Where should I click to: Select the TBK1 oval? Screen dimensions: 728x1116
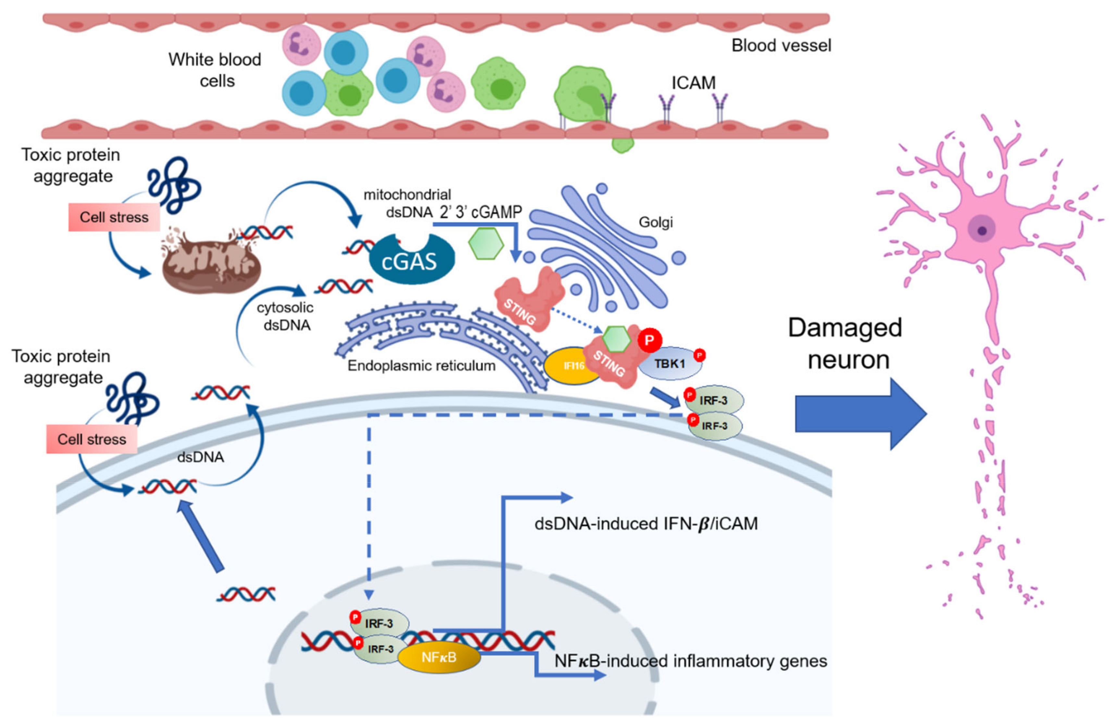[x=671, y=363]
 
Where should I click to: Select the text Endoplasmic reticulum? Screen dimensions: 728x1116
[x=421, y=366]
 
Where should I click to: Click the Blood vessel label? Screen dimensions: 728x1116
[x=781, y=45]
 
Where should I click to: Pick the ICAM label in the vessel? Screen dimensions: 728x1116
[x=693, y=83]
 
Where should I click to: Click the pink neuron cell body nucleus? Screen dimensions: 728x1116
[x=981, y=230]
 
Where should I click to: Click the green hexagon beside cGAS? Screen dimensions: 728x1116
[x=486, y=244]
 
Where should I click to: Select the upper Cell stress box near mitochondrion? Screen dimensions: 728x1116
[x=114, y=217]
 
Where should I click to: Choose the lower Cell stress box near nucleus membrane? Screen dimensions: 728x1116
[x=92, y=439]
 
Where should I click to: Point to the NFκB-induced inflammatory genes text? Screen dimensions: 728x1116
[x=690, y=661]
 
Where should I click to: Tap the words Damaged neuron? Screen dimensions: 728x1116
[x=845, y=344]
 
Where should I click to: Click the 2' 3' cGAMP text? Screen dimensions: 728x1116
[x=481, y=212]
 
